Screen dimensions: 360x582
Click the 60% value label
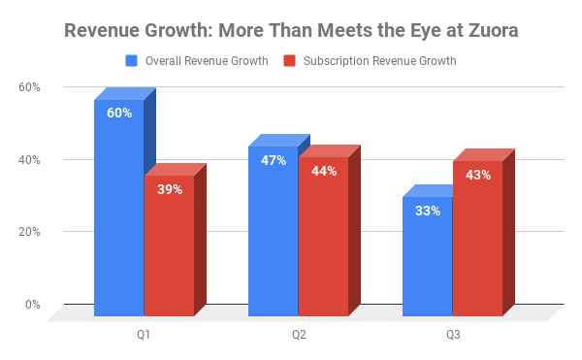coord(119,114)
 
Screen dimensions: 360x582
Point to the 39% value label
coord(170,189)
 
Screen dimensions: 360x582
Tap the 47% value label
coord(274,160)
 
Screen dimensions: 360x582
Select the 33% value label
coord(428,211)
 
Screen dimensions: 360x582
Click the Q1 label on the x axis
coord(144,335)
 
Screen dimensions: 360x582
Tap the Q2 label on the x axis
coord(298,335)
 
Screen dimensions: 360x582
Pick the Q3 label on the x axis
coord(453,335)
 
